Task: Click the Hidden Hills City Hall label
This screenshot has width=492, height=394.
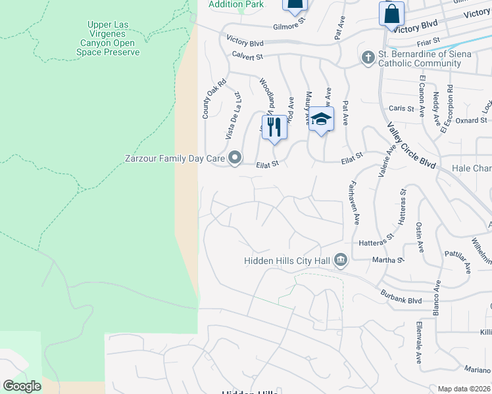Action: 286,261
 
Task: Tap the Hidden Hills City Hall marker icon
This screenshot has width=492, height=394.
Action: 340,260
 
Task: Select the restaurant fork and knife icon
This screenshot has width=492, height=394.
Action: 274,126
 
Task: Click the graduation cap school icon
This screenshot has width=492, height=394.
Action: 321,119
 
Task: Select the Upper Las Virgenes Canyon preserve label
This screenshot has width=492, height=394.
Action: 108,38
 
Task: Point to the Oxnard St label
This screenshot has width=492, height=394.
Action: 471,120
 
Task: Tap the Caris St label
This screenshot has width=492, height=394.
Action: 401,108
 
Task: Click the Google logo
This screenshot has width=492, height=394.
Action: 22,386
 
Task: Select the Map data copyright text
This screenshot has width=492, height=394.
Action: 464,389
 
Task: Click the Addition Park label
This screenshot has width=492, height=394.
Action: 236,5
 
